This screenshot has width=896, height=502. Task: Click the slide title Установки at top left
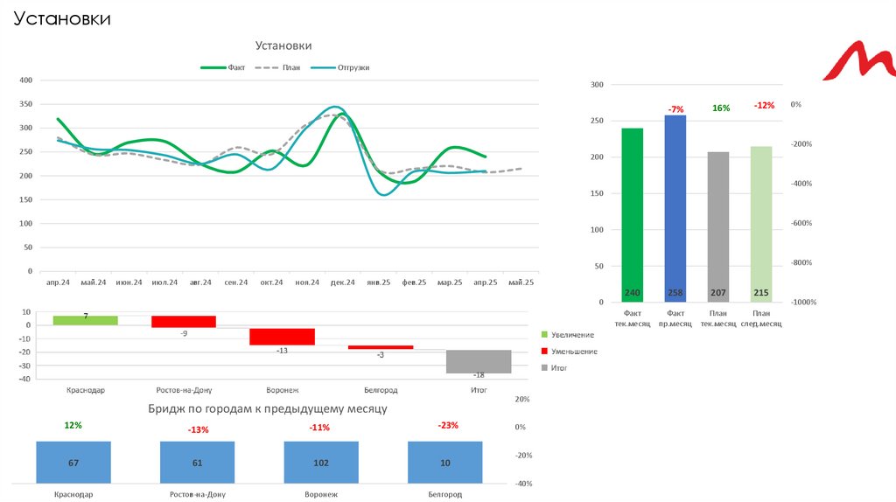[x=61, y=18]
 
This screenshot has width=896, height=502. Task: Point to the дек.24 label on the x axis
[x=343, y=282]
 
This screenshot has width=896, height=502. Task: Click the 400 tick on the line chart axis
[x=24, y=80]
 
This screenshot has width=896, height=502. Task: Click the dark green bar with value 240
[x=633, y=214]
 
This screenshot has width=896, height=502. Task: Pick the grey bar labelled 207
[x=718, y=227]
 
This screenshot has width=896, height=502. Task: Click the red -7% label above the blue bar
[x=675, y=109]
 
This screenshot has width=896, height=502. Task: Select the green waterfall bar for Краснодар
[x=85, y=320]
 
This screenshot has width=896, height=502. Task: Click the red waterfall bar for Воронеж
[x=282, y=337]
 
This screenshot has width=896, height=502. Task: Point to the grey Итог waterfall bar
[x=479, y=361]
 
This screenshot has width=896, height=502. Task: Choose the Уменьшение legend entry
[x=574, y=352]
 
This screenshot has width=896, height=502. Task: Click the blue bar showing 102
[x=321, y=462]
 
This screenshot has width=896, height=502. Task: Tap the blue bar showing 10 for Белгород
[x=445, y=462]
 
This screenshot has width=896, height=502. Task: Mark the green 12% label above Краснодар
[x=73, y=425]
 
